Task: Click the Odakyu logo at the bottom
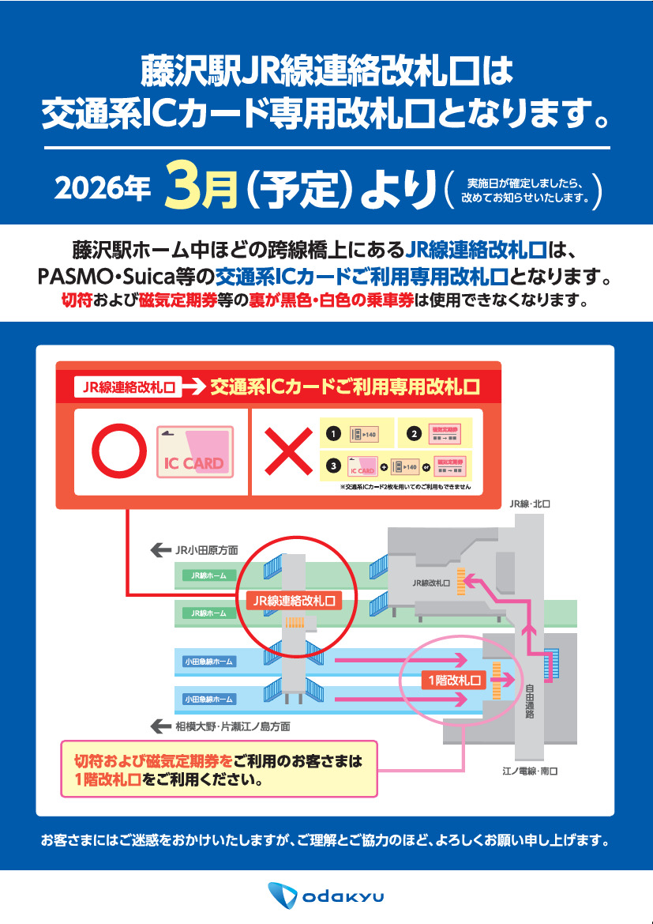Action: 325,896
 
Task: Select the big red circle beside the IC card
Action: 119,452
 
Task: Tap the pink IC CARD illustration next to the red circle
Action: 194,451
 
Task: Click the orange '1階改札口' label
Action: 453,680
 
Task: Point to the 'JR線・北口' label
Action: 529,503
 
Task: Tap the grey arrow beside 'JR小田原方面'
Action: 161,549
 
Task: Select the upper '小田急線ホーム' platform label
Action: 208,662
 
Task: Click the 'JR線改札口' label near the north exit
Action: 431,583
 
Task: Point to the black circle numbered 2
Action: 414,434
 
